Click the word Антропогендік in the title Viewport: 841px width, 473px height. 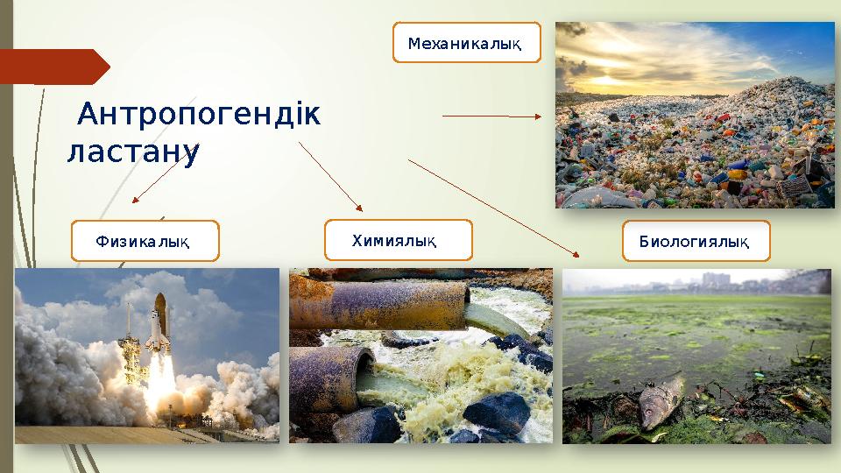199,115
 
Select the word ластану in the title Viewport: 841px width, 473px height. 133,152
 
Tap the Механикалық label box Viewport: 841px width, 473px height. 466,43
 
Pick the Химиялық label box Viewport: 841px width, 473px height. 398,240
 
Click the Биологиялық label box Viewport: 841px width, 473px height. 696,241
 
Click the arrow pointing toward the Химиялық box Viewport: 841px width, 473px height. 331,176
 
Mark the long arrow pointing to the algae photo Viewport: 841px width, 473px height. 493,208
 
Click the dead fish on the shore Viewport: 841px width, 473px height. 662,399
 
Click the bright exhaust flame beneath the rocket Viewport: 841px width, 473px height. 160,390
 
